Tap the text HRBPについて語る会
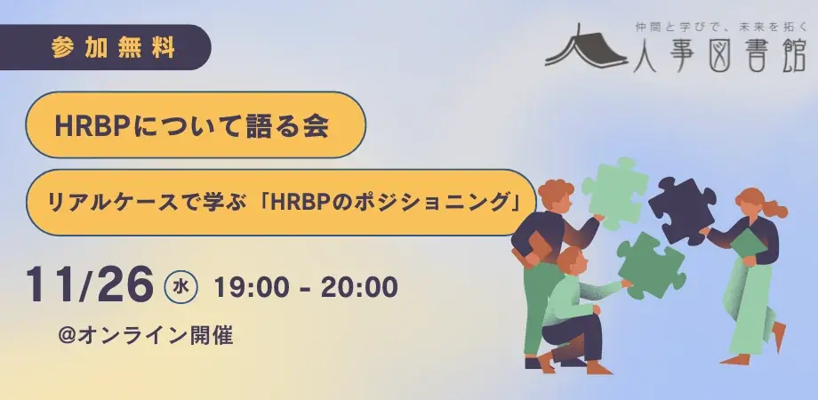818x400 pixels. coord(191,126)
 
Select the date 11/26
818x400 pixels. coord(90,284)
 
